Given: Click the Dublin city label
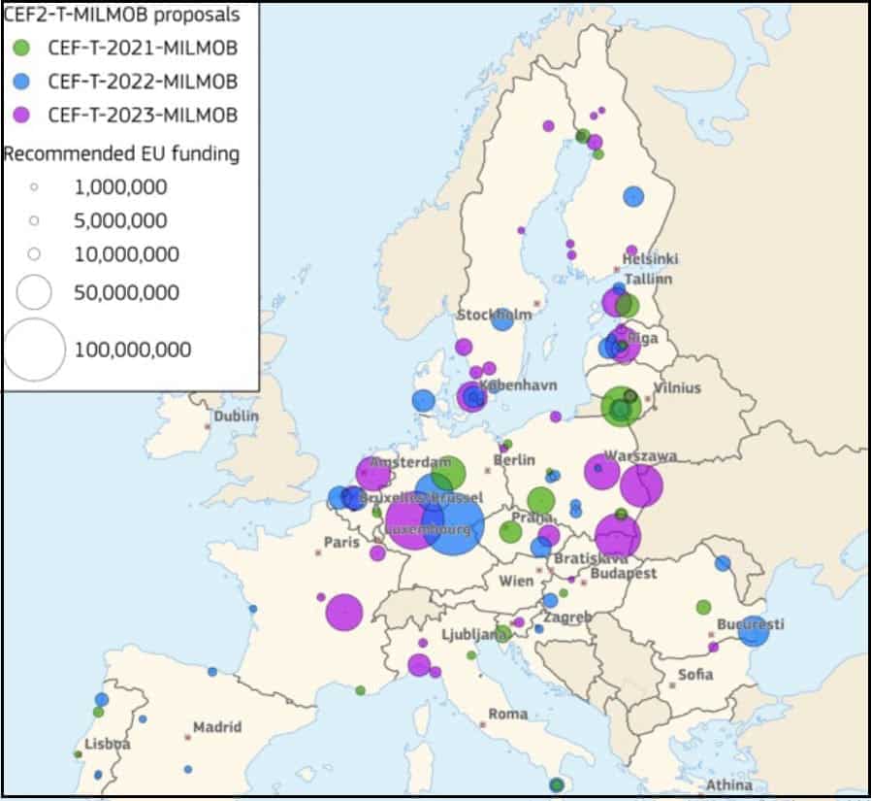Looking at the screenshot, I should click(x=237, y=416).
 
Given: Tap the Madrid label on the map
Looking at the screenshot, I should click(x=217, y=727).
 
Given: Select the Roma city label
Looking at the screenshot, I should click(x=508, y=714).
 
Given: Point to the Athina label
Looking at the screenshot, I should click(x=728, y=784).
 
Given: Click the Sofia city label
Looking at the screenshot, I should click(x=695, y=674).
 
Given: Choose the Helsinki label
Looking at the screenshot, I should click(x=650, y=259).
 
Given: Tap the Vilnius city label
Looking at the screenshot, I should click(x=677, y=387).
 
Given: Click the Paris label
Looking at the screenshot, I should click(x=341, y=542).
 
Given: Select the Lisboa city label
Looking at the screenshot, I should click(x=107, y=745).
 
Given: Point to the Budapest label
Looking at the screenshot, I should click(x=623, y=574).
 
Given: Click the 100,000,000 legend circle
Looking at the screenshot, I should click(x=35, y=350).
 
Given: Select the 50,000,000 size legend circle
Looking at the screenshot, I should click(x=35, y=291).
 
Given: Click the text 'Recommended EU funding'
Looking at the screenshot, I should click(x=122, y=153).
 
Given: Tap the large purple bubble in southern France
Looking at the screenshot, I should click(x=343, y=612).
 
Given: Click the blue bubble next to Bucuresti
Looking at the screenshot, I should click(x=754, y=631).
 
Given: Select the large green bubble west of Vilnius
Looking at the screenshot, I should click(x=619, y=407).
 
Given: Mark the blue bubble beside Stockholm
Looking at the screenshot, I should click(x=502, y=319).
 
